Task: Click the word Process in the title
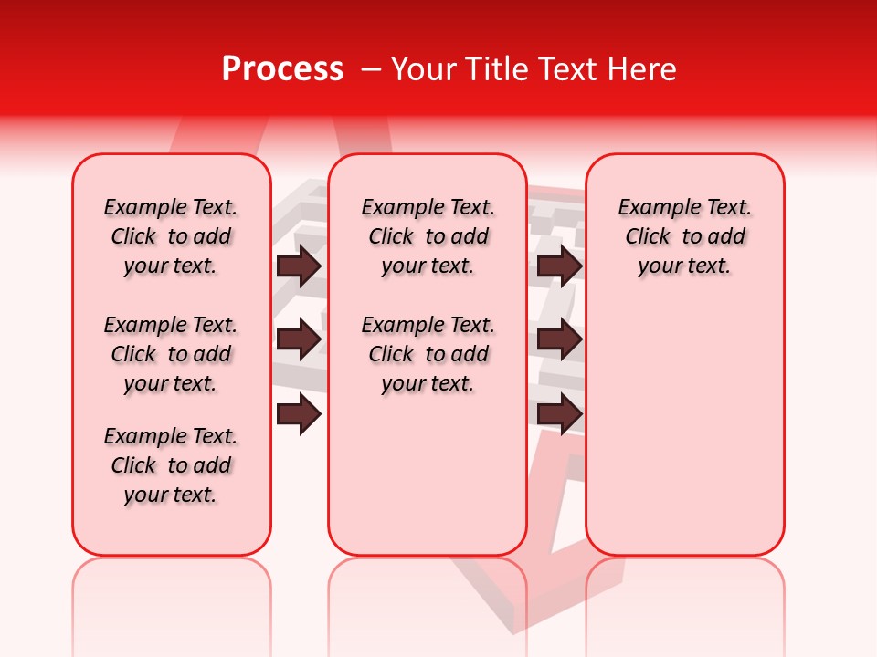pos(282,69)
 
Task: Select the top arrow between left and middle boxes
pos(299,266)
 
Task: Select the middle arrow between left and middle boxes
pos(299,339)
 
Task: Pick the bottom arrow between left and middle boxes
pos(299,413)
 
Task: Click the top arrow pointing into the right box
pos(559,266)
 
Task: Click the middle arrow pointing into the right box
pos(559,339)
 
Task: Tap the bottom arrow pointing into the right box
pos(559,413)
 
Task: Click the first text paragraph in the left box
pos(171,236)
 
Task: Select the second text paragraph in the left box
pos(171,354)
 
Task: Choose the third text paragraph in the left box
pos(171,465)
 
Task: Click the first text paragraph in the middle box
pos(428,236)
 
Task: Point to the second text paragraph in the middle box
pos(428,354)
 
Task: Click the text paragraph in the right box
pos(684,236)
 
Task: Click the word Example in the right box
pos(652,208)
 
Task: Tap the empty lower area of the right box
pos(684,438)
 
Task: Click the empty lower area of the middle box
pos(428,474)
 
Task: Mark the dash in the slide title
pos(370,70)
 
